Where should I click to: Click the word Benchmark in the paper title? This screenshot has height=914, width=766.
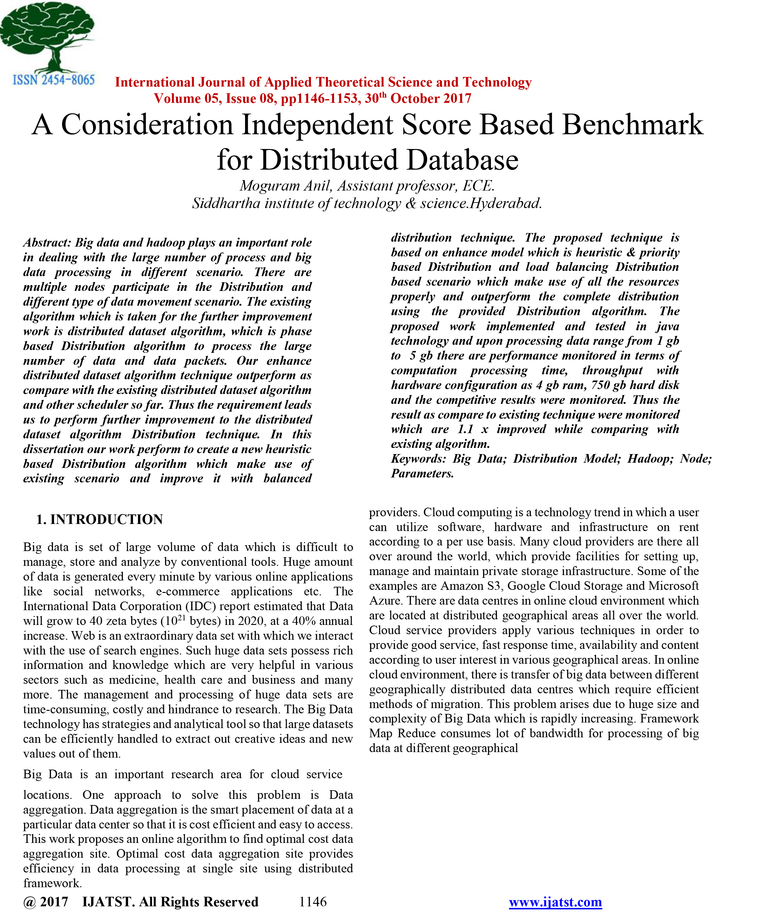click(x=632, y=125)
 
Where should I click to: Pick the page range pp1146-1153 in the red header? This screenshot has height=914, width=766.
click(x=321, y=99)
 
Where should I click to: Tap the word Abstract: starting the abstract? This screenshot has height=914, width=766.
click(x=47, y=242)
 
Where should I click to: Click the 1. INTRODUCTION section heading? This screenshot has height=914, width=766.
click(x=99, y=519)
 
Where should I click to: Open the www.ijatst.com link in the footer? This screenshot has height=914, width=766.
click(x=555, y=902)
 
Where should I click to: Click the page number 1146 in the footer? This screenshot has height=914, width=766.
click(x=312, y=902)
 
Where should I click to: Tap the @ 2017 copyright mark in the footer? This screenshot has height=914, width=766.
click(x=46, y=902)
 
